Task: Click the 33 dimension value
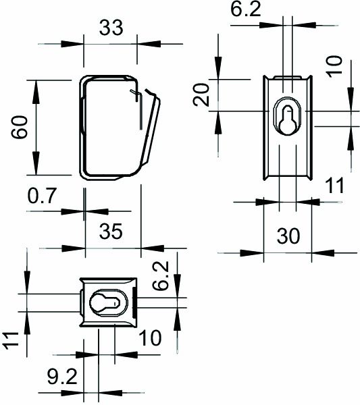coord(111,28)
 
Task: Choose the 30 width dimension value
coord(288,236)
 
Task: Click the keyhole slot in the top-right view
coord(286,117)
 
